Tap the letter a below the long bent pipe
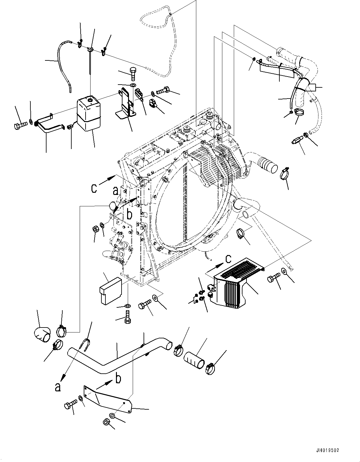coord(57,387)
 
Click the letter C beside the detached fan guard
coord(228,258)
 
